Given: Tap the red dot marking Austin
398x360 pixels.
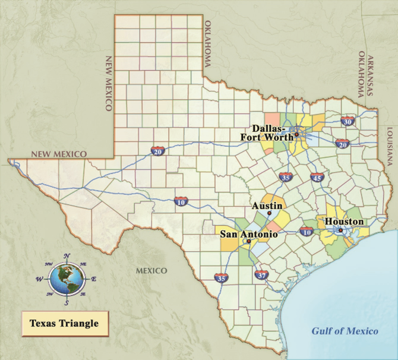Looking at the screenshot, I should click(x=269, y=213).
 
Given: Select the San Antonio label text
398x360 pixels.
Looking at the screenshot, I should click(x=249, y=234).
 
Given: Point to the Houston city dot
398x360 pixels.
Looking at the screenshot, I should click(x=340, y=230).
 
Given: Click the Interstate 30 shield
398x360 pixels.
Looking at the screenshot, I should click(x=348, y=121).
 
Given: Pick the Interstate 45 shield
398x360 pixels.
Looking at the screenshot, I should click(x=316, y=177).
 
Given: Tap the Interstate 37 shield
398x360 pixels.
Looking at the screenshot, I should click(x=261, y=275).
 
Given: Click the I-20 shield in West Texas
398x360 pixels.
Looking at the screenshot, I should click(x=157, y=151).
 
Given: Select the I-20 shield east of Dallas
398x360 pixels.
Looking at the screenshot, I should click(x=342, y=144).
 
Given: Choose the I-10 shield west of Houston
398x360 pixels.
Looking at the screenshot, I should click(x=307, y=232).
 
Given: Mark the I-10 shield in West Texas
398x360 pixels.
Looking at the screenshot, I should click(x=181, y=202).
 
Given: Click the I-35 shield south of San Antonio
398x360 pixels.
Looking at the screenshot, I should click(x=222, y=277).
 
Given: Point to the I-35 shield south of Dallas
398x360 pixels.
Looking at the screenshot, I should click(x=286, y=177).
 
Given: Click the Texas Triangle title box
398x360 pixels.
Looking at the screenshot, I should click(x=59, y=324).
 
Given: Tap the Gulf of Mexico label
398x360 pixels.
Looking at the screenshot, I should click(x=345, y=331).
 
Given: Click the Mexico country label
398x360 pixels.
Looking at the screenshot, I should click(x=151, y=270).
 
